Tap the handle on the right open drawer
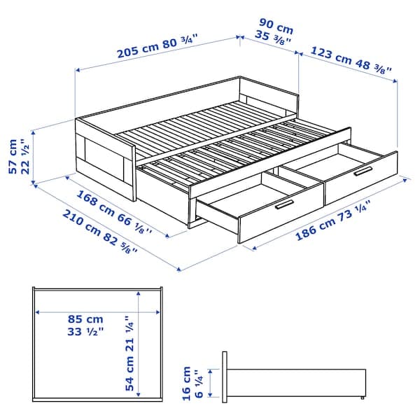click(363, 171)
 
